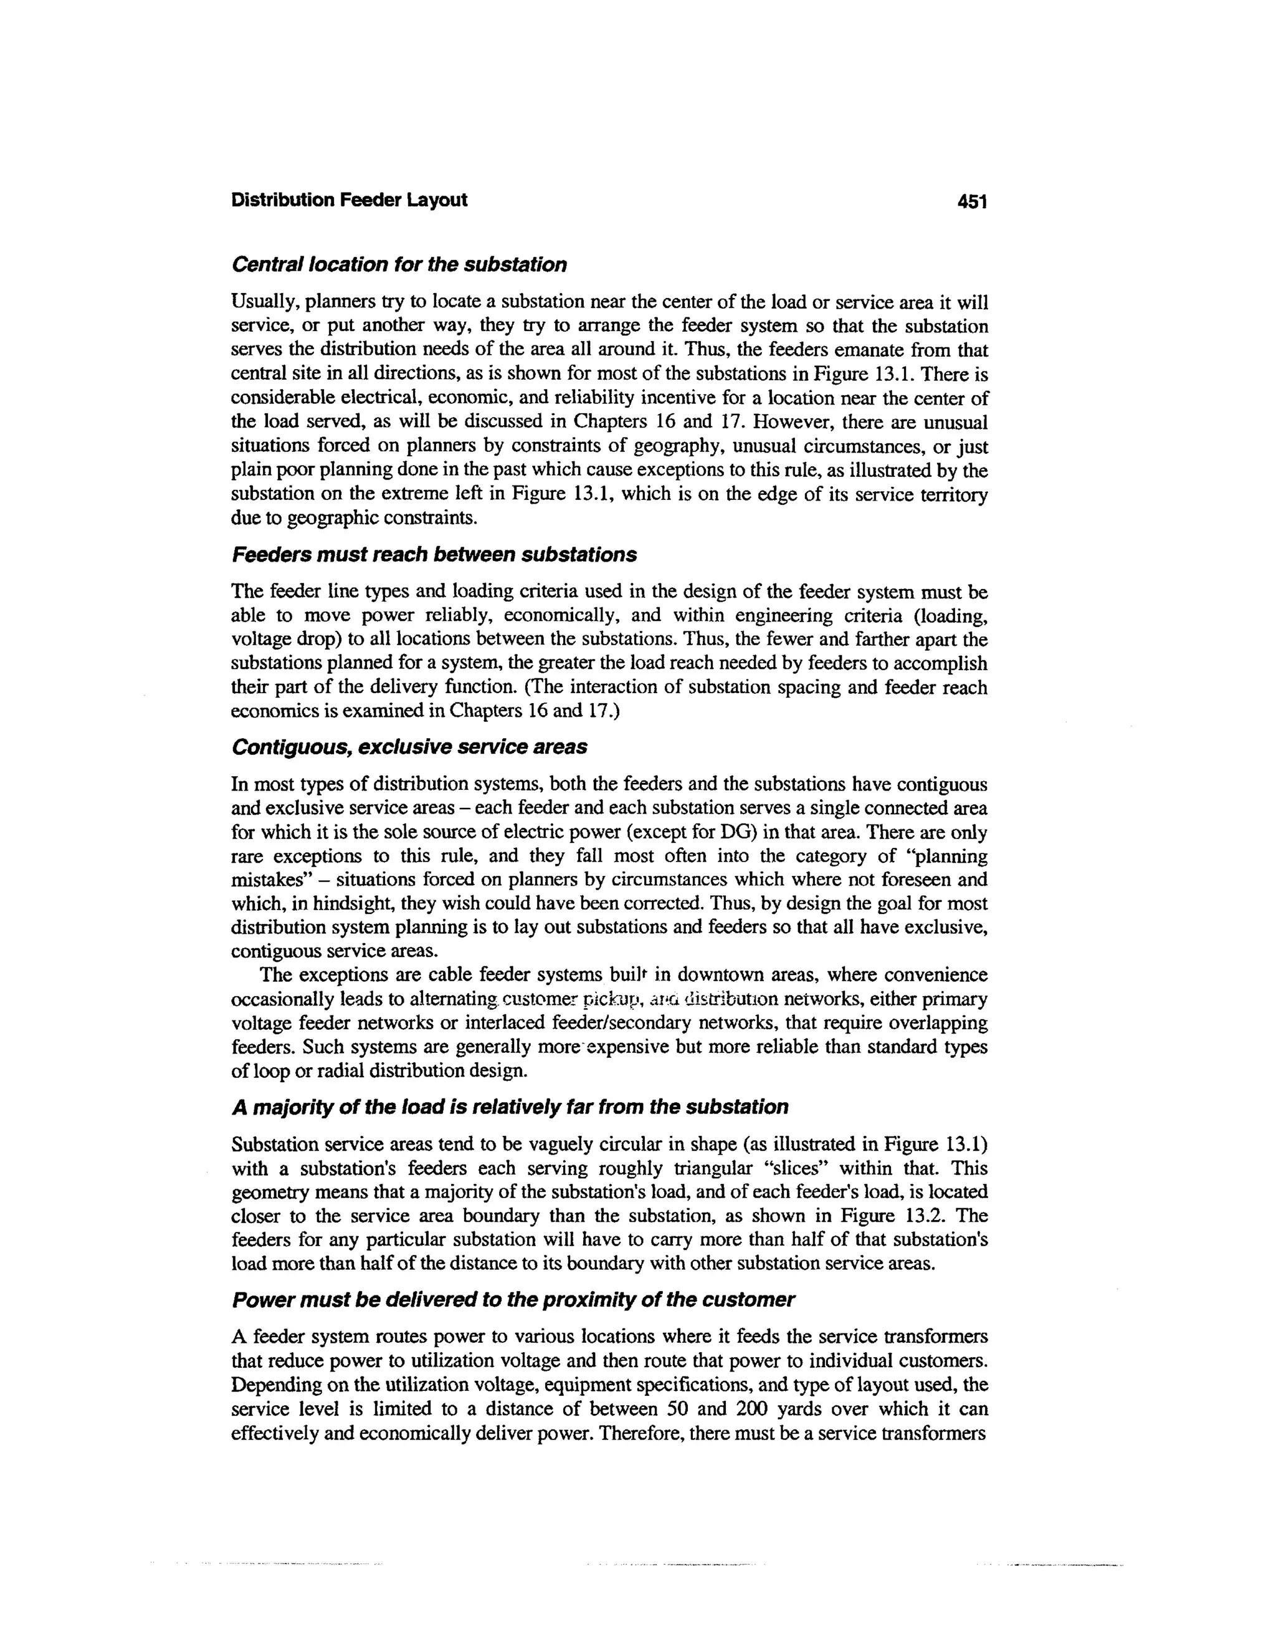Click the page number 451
click(972, 201)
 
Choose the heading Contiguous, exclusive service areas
click(408, 747)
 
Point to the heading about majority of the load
click(509, 1107)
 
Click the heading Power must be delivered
click(513, 1300)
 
